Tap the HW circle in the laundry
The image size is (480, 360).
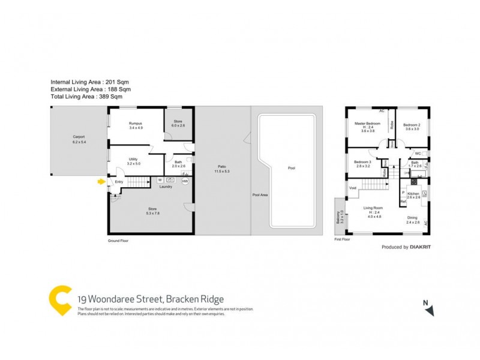[185, 181]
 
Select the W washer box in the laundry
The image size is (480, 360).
[160, 180]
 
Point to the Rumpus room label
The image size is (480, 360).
[135, 124]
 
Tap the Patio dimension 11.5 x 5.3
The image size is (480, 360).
[222, 172]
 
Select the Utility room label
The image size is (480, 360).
[134, 159]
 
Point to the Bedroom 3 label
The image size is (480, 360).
[362, 162]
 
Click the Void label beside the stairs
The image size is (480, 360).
[353, 188]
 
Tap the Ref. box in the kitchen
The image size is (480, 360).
[403, 202]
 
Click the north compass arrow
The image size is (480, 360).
[428, 309]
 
